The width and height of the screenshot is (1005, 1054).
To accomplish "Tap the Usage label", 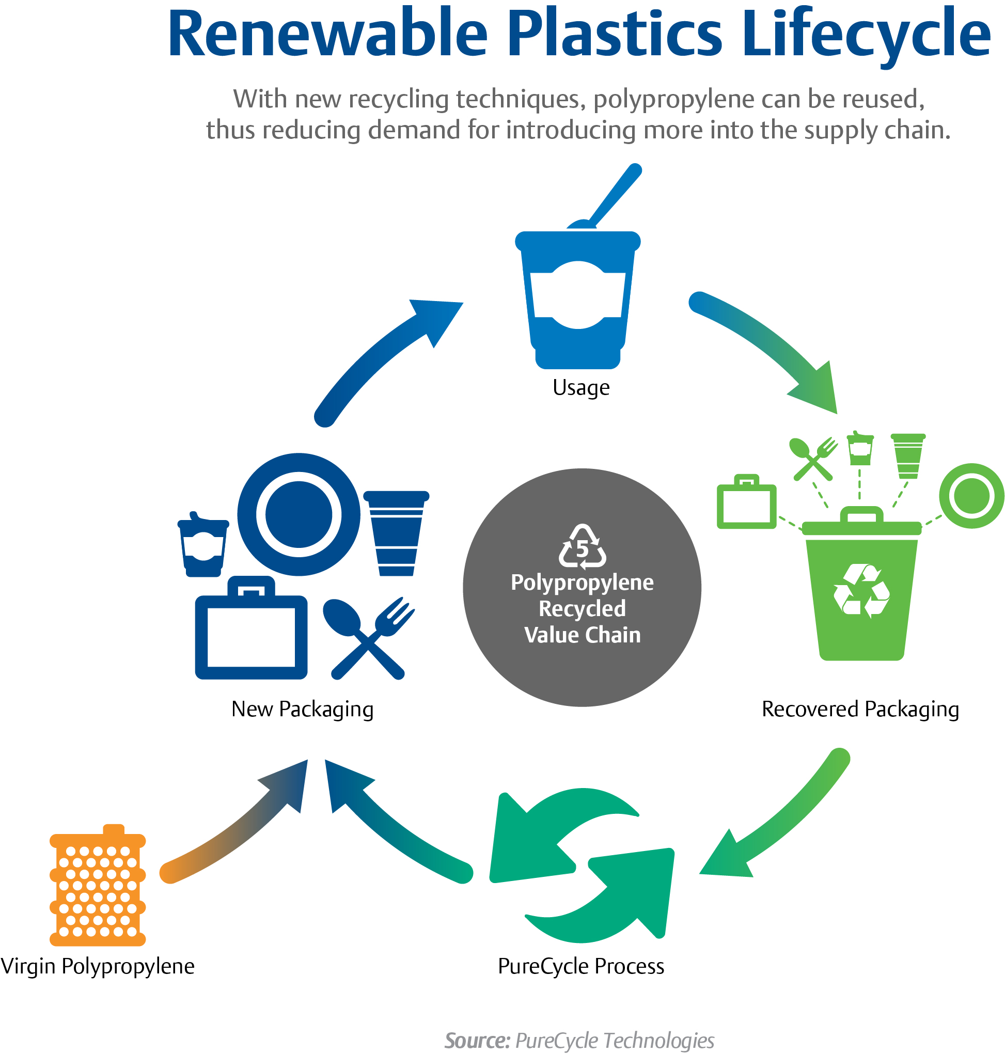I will coord(580,388).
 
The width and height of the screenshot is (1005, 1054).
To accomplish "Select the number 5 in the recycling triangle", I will coord(583,549).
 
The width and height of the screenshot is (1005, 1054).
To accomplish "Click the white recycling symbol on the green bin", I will coord(861,591).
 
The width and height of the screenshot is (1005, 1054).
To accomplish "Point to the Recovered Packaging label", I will coord(860,709).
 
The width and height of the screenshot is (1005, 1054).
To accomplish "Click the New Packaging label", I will coord(302,709).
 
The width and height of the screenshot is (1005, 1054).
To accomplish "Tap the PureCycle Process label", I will coord(580,966).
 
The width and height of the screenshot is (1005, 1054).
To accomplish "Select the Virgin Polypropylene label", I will coord(98,966).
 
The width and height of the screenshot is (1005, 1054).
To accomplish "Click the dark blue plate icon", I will coord(299,514).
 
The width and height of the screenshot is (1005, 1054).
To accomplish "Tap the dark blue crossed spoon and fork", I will coord(369,637).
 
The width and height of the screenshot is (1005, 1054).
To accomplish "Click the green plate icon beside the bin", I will coord(971,495).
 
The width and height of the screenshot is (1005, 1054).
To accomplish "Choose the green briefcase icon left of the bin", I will coord(746,504).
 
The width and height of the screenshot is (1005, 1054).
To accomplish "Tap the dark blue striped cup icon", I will coord(396,533).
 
